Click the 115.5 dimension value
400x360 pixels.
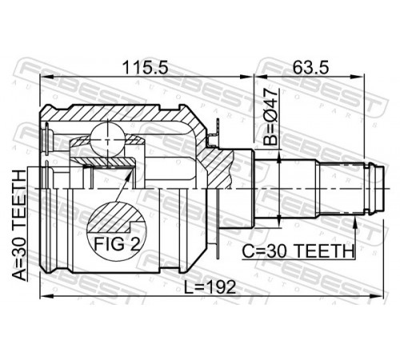pos(146,68)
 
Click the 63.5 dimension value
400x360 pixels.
pos(310,68)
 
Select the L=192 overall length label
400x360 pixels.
pos(210,287)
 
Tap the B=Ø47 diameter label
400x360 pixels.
pos(270,118)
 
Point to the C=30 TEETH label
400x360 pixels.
pos(298,251)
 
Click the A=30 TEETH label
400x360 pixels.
pos(19,226)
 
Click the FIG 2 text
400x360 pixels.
pos(117,244)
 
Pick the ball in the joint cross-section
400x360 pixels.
pos(107,140)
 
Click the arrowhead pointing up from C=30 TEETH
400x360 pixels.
pos(355,223)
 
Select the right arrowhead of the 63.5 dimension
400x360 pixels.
pos(357,77)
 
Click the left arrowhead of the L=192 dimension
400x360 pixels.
pos(47,296)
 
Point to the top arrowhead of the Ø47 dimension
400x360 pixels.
pos(278,157)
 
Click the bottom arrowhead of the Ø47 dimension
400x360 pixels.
pos(278,221)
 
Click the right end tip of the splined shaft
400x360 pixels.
pos(384,189)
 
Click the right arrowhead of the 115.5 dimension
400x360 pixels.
pos(246,77)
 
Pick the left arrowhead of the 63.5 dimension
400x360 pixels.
pos(261,77)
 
